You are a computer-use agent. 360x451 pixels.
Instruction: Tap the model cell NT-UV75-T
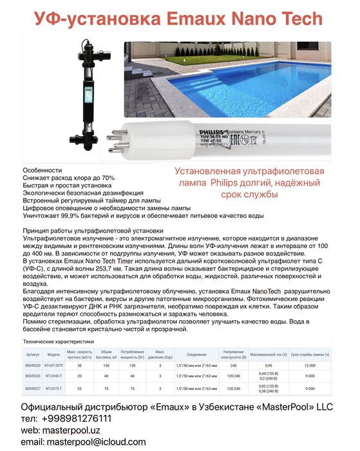pyautogui.click(x=53, y=389)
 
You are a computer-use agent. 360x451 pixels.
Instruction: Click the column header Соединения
pyautogui.click(x=196, y=354)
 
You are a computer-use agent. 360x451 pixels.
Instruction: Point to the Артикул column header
pyautogui.click(x=33, y=354)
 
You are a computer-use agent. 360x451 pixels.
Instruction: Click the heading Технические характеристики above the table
pyautogui.click(x=59, y=341)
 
